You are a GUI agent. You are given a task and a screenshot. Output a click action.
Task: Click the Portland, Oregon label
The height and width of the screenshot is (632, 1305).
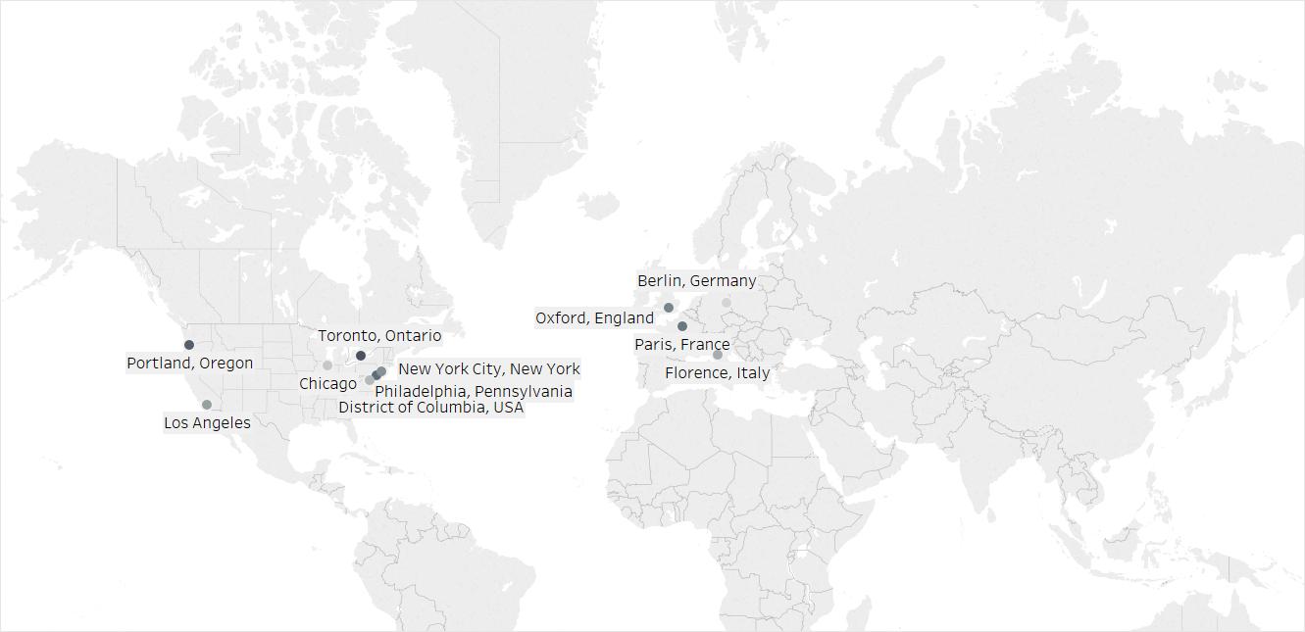189,364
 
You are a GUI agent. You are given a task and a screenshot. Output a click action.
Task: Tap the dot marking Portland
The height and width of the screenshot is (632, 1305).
189,345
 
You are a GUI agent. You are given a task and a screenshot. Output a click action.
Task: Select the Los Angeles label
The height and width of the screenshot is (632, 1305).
207,423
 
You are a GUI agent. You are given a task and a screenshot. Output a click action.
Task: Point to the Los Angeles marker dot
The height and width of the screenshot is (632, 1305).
207,405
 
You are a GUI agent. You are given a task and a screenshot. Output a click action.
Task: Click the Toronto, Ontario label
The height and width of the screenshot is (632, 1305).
379,336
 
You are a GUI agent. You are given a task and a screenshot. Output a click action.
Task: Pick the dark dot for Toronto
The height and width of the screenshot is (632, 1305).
361,356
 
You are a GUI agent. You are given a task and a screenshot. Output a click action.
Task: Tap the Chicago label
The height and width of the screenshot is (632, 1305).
327,384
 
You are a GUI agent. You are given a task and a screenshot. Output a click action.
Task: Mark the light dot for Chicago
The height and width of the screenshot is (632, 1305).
327,365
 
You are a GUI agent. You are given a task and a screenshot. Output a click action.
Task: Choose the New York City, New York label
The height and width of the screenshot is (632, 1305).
488,369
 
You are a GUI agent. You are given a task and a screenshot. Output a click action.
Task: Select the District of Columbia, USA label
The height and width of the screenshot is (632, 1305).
431,408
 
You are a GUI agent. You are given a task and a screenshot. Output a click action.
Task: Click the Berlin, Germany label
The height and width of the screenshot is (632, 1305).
696,281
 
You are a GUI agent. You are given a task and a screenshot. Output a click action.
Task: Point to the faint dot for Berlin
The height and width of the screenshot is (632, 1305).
727,303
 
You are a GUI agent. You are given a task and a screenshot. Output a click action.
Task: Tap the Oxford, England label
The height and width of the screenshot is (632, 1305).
594,318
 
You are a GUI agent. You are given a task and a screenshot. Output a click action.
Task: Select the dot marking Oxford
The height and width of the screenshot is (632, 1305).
669,308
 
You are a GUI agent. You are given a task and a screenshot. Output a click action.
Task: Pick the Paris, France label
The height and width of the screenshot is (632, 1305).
681,345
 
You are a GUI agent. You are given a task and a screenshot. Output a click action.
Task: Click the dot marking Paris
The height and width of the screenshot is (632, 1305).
682,326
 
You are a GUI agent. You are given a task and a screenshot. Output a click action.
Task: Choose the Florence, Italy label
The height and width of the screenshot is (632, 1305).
717,373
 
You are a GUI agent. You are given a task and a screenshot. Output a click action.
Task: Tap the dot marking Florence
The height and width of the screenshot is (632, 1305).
718,355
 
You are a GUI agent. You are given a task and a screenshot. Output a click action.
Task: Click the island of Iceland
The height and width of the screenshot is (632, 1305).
598,206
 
